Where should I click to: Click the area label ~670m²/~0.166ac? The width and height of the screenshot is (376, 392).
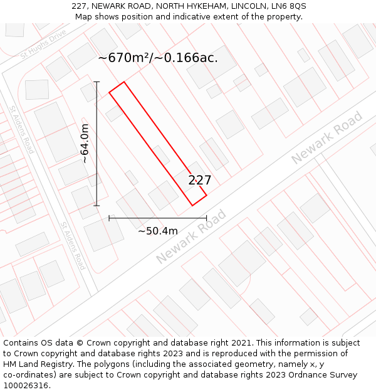tap(158, 58)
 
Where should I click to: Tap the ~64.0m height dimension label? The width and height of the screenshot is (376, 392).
tap(85, 143)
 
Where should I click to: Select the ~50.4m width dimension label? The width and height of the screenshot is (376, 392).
tap(158, 231)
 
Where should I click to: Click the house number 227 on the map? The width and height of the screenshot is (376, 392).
tap(200, 181)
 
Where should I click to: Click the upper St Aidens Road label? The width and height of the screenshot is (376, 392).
tap(21, 130)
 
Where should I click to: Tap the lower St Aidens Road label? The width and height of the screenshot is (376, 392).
tap(73, 245)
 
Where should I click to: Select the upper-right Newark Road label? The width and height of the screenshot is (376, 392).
tap(327, 137)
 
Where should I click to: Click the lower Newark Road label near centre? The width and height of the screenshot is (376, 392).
tap(191, 236)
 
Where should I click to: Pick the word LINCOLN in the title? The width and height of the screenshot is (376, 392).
tap(240, 6)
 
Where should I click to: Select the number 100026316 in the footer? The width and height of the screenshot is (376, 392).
tap(26, 386)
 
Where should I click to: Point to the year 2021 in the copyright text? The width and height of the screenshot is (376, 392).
tap(241, 343)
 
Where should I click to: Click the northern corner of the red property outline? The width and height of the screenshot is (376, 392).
tap(124, 82)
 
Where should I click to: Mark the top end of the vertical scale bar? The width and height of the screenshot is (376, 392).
tap(97, 82)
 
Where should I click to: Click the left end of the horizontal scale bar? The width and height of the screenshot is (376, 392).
tap(109, 218)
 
